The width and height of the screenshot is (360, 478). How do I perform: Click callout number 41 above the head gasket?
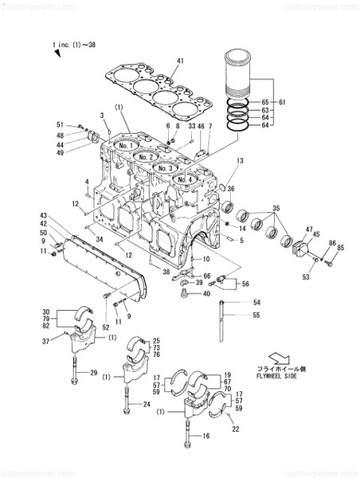(180, 61)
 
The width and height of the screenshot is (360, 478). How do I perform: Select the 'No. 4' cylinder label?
(184, 179)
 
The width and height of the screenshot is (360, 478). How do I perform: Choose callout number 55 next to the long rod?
(257, 315)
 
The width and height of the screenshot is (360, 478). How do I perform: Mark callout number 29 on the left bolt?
(94, 373)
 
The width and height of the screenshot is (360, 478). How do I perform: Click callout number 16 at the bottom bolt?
(205, 436)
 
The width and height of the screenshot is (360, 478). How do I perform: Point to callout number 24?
(146, 405)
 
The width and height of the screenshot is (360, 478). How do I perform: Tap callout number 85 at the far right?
(342, 249)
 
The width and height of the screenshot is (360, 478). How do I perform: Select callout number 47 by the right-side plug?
(307, 229)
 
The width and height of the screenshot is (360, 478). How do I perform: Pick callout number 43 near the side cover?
(45, 215)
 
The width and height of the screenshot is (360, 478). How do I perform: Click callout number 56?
(245, 284)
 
